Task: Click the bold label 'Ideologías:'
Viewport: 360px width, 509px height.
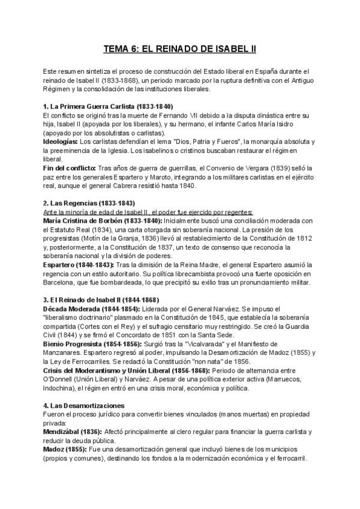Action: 61,141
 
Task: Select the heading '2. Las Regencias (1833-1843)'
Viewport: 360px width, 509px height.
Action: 89,203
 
